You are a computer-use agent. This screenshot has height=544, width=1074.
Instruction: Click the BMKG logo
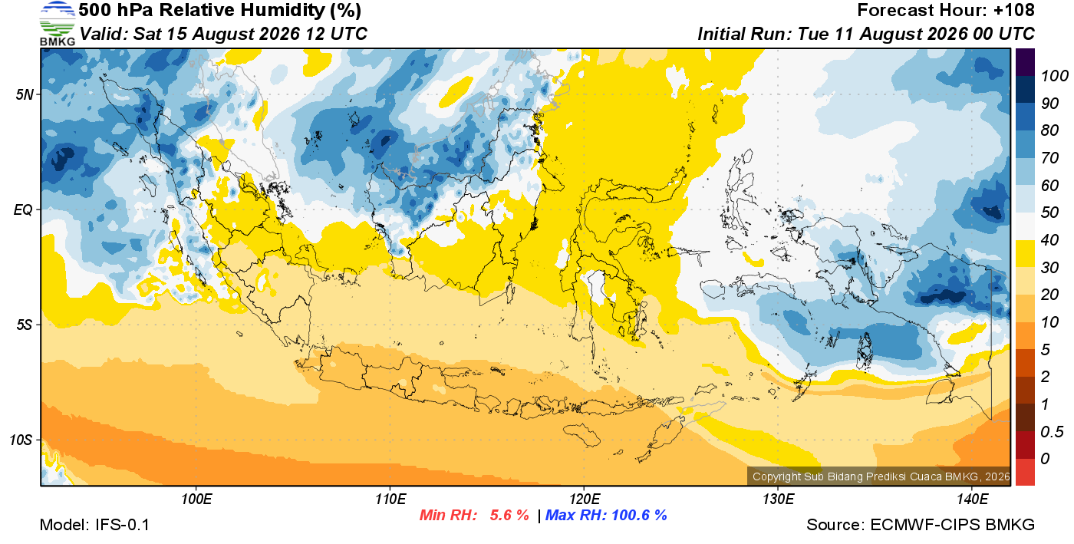pos(57,24)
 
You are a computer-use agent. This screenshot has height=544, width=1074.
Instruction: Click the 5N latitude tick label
pos(25,94)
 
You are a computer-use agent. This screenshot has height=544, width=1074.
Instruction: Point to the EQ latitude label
pos(23,209)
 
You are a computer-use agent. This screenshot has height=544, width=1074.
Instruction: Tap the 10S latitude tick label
pos(21,440)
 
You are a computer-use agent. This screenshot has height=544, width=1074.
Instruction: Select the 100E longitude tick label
pos(196,499)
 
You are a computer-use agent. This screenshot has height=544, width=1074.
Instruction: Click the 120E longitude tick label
pos(584,499)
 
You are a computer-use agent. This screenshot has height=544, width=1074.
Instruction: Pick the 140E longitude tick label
pos(972,499)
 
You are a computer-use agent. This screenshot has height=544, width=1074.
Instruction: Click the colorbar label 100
pos(1054,76)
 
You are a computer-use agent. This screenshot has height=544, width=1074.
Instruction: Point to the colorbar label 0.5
pos(1052,432)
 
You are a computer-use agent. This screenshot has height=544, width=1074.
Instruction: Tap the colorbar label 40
pos(1049,240)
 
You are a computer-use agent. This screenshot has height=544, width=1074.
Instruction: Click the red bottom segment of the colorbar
pos(1025,472)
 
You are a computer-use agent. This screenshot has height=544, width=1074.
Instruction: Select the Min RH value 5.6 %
pos(509,515)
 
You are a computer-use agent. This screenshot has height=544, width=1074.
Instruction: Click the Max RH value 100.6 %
pos(640,515)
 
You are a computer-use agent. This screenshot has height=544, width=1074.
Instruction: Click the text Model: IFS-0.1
pos(94,525)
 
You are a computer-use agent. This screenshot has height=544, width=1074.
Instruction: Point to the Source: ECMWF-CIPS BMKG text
pos(921,525)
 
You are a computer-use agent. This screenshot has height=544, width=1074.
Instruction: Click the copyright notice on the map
pos(881,476)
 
